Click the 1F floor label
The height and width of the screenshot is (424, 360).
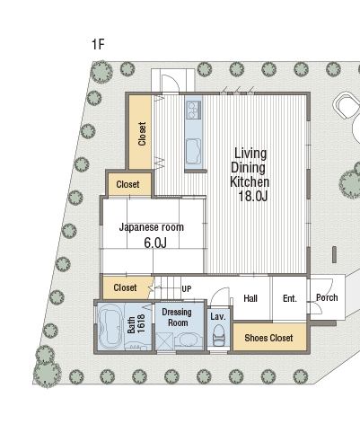pyautogui.click(x=98, y=44)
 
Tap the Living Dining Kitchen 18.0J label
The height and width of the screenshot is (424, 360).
pyautogui.click(x=250, y=174)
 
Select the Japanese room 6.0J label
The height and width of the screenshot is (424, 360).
pyautogui.click(x=152, y=235)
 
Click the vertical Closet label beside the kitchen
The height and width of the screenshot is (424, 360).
pyautogui.click(x=142, y=134)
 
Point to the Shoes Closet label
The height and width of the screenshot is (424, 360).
pyautogui.click(x=268, y=338)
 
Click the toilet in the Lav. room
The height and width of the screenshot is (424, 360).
pyautogui.click(x=219, y=336)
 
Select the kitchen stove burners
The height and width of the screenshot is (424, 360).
pyautogui.click(x=194, y=110)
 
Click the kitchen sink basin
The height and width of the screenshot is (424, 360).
pyautogui.click(x=194, y=151)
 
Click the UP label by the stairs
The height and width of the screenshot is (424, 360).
pyautogui.click(x=187, y=289)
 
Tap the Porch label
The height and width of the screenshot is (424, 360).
pyautogui.click(x=327, y=297)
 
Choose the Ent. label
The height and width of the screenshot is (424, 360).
pyautogui.click(x=290, y=298)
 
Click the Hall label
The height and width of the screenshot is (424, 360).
pyautogui.click(x=250, y=298)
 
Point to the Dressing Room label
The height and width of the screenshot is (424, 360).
pyautogui.click(x=178, y=317)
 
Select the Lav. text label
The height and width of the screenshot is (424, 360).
pyautogui.click(x=218, y=316)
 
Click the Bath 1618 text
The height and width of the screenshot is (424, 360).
pyautogui.click(x=136, y=323)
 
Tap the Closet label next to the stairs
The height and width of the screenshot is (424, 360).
pyautogui.click(x=125, y=287)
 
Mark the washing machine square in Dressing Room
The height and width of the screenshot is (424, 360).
pyautogui.click(x=164, y=341)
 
